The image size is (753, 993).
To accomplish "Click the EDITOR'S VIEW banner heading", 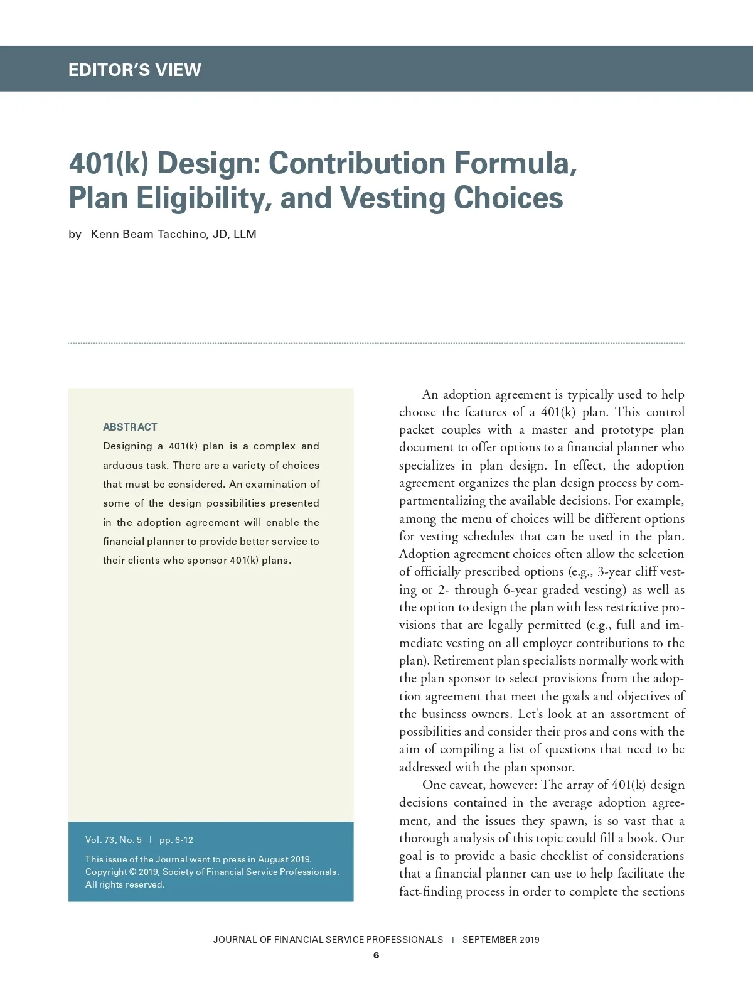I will click(x=135, y=70).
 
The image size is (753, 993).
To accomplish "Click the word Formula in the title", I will click(x=515, y=163).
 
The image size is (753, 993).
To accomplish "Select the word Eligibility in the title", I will click(x=201, y=198).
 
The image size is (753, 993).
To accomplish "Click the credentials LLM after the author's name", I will click(x=245, y=234).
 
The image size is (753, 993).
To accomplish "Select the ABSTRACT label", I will click(x=130, y=427).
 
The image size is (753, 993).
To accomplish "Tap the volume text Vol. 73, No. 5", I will click(x=114, y=840).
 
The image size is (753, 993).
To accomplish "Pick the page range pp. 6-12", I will click(x=176, y=840).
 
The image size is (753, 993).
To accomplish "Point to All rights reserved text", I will click(x=125, y=884).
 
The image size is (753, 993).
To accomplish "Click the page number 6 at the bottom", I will click(x=376, y=956).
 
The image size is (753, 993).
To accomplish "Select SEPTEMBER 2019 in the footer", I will click(x=501, y=940).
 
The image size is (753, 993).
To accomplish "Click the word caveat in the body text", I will click(x=466, y=785).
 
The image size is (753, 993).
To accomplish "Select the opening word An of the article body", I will click(x=430, y=394).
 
